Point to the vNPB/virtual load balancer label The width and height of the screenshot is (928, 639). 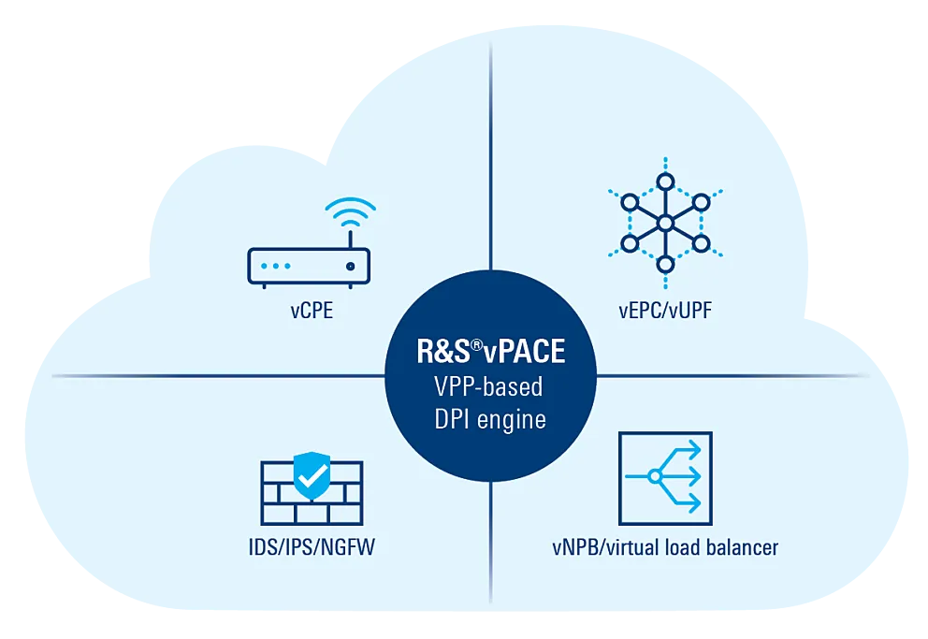coord(665,547)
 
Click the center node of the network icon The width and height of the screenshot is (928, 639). coord(664,224)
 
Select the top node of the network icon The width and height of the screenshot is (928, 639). coord(664,181)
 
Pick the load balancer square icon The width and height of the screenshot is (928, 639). coord(665,478)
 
